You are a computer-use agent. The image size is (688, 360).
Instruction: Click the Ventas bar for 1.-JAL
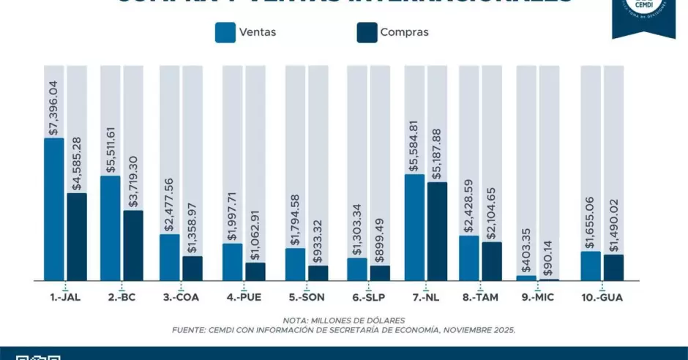53,209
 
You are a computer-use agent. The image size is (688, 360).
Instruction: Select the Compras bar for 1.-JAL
76,236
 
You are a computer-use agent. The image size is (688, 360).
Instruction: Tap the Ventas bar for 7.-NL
414,227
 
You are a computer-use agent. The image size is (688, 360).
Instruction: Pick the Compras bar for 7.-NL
437,230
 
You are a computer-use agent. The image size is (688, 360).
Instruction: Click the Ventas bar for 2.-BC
111,228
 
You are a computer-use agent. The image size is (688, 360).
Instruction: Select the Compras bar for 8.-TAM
492,260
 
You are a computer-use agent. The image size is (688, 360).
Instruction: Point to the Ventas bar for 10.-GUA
591,266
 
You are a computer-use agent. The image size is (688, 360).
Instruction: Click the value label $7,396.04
53,102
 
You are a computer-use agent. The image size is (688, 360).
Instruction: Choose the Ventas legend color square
225,32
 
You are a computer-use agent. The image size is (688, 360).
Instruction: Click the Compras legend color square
366,32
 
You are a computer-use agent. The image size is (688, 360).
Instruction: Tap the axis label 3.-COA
181,298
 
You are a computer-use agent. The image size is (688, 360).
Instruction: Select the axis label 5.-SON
307,298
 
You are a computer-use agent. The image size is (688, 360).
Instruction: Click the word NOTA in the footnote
296,320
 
